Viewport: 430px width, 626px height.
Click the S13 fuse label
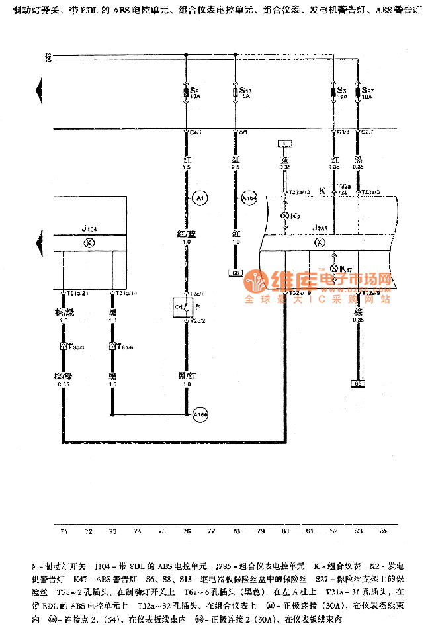(x=245, y=91)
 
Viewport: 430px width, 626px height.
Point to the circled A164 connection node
(x=249, y=197)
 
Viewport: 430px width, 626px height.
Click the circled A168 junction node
(x=200, y=416)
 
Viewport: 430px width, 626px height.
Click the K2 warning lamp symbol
(x=286, y=216)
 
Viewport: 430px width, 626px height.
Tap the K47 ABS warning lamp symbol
(x=333, y=268)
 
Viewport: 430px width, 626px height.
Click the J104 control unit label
(x=89, y=229)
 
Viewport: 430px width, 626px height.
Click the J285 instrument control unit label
(x=320, y=229)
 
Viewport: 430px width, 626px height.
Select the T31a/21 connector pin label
(x=74, y=293)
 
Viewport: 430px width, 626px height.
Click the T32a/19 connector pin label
(x=300, y=293)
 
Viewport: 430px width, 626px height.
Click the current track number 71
(x=64, y=531)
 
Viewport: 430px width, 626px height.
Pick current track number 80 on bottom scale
(x=284, y=531)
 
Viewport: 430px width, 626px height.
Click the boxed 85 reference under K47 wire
(x=358, y=383)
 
